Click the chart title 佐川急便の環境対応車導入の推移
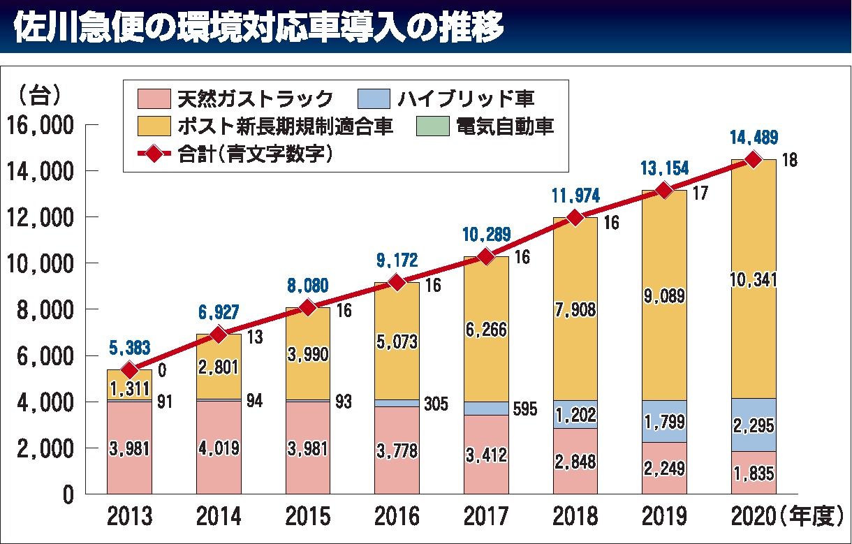[258, 27]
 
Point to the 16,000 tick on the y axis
[40, 126]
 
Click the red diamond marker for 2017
[485, 257]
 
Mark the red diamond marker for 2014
[219, 335]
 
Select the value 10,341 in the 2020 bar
[754, 280]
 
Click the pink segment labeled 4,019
[219, 448]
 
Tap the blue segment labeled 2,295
[754, 425]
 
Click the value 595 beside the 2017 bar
[524, 409]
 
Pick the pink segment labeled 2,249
[664, 468]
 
